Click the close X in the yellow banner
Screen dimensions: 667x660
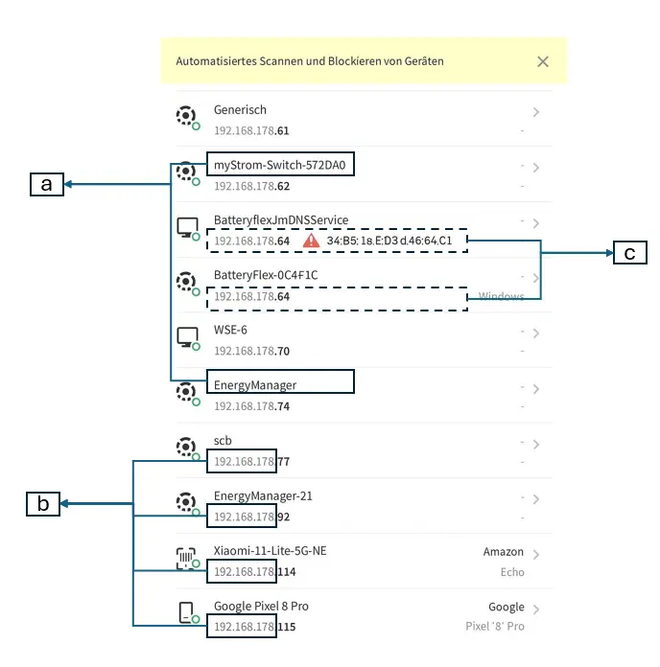pyautogui.click(x=543, y=61)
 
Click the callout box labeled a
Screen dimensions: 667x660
pyautogui.click(x=46, y=184)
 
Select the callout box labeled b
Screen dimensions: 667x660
pyautogui.click(x=42, y=503)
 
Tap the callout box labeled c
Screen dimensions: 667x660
pyautogui.click(x=629, y=253)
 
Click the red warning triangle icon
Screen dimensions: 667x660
pyautogui.click(x=311, y=241)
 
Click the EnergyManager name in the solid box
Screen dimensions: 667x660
pyautogui.click(x=255, y=384)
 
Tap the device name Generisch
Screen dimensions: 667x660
pyautogui.click(x=240, y=110)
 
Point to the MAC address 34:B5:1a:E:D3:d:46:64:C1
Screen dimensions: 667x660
pyautogui.click(x=389, y=241)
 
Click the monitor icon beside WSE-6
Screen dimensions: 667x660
pyautogui.click(x=187, y=337)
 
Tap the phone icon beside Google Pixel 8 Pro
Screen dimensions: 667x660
pyautogui.click(x=187, y=613)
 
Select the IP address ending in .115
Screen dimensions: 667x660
pyautogui.click(x=254, y=627)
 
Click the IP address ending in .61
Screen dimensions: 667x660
pyautogui.click(x=251, y=130)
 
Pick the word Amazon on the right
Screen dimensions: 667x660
pyautogui.click(x=504, y=552)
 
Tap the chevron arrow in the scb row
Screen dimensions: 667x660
pyautogui.click(x=535, y=445)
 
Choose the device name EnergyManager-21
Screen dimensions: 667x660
pyautogui.click(x=262, y=496)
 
